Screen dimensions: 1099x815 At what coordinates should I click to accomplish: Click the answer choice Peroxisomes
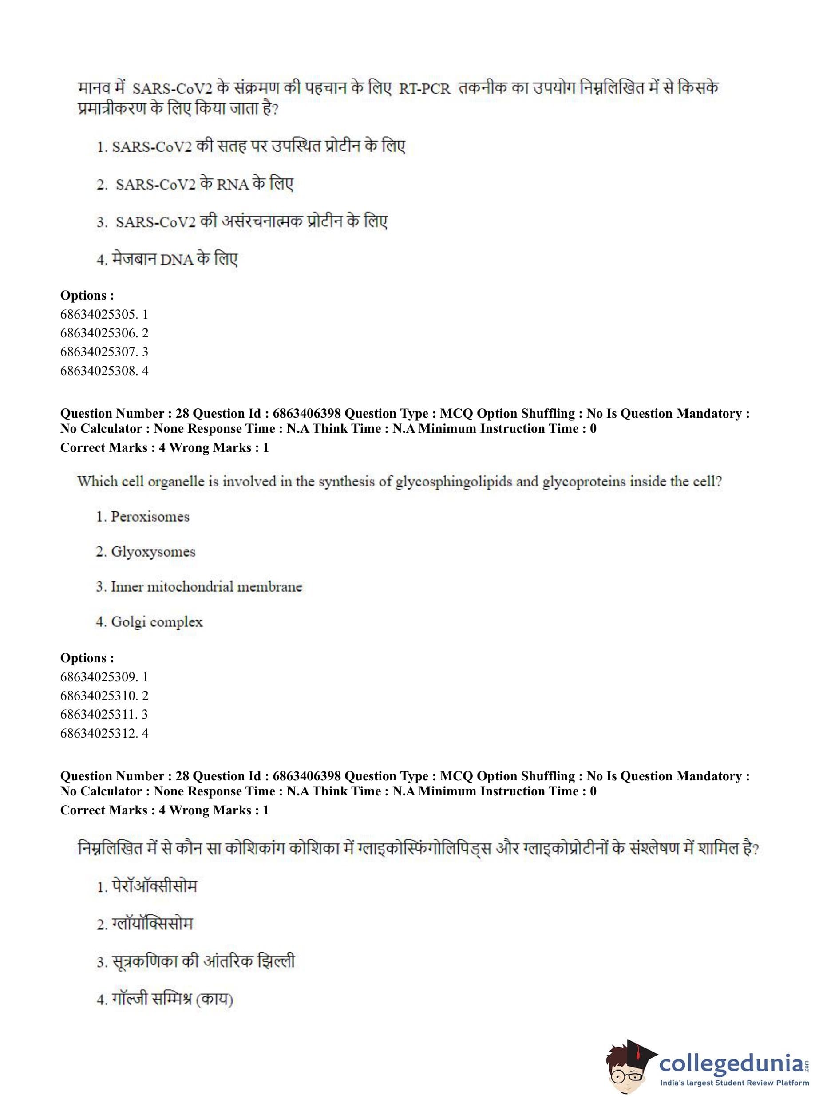pyautogui.click(x=150, y=517)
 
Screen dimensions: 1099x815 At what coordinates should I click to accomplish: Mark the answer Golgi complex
pyautogui.click(x=156, y=622)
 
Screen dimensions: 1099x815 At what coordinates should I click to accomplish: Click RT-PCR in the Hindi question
pyautogui.click(x=424, y=89)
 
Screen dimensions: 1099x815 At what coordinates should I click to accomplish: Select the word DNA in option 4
pyautogui.click(x=176, y=260)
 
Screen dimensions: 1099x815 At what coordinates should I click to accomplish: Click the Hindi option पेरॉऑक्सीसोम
pyautogui.click(x=154, y=886)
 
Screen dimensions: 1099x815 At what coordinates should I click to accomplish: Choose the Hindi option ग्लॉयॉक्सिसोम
pyautogui.click(x=152, y=924)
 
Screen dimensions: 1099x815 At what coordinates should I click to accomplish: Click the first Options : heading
pyautogui.click(x=87, y=296)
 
